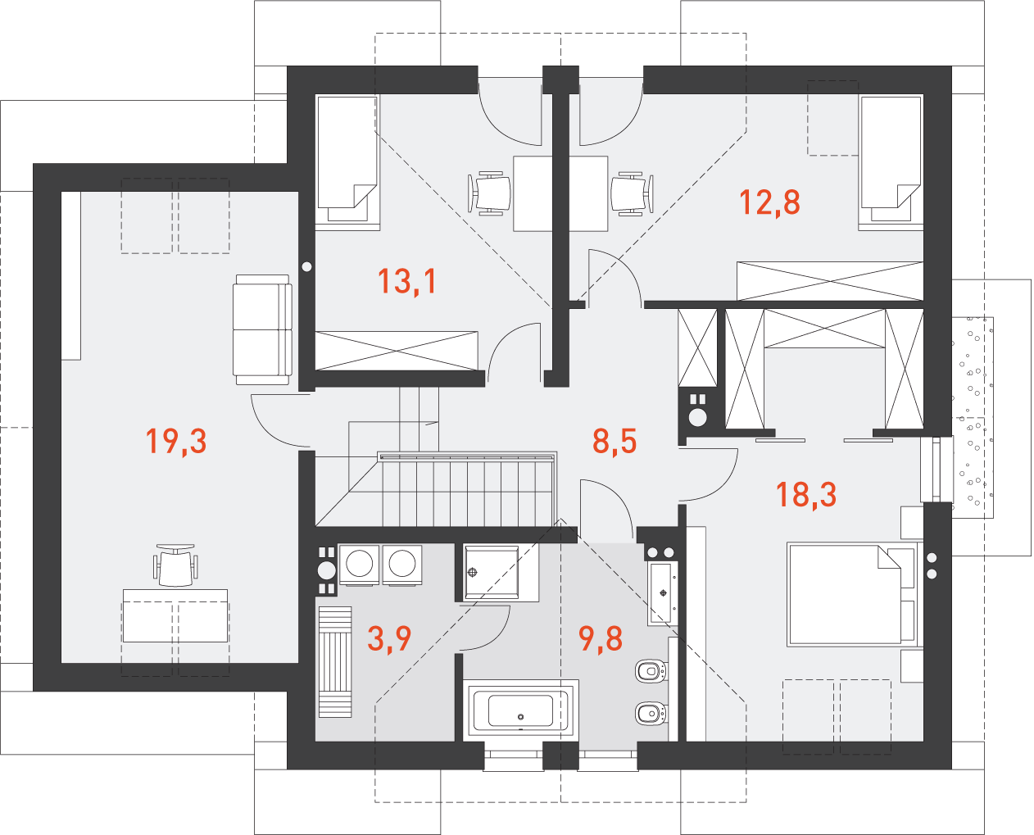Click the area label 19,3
pos(176,442)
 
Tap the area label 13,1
pos(407,282)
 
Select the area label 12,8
pos(769,202)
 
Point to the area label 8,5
pos(614,442)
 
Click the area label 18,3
pos(806,495)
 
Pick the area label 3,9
pos(389,639)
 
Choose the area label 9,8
pos(601,639)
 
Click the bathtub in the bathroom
pos(520,710)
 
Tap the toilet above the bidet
pos(651,671)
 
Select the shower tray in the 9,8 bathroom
pos(492,573)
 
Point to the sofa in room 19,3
pos(262,329)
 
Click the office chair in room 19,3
pos(175,565)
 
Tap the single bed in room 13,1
pos(347,162)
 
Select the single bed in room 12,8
pos(891,162)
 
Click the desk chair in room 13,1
pos(489,193)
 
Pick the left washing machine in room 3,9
pos(359,565)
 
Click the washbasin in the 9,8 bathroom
pos(662,593)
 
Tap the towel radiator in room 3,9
pos(335,661)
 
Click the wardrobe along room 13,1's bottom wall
pos(397,351)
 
